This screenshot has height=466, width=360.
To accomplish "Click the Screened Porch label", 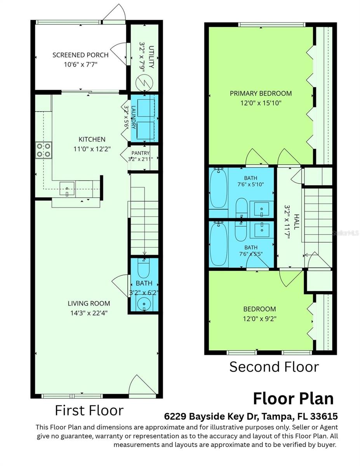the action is [x=80, y=55].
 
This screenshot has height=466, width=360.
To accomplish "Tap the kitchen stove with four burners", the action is [x=43, y=150].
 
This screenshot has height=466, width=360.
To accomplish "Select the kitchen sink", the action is [x=67, y=189].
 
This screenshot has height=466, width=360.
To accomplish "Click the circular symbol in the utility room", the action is [x=145, y=82].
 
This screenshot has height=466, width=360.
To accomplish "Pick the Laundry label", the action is [x=133, y=117].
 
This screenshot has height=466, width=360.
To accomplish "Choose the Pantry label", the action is [x=141, y=153].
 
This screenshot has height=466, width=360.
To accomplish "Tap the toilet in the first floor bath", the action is [x=143, y=268].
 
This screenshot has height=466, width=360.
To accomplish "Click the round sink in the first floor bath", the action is [x=144, y=304].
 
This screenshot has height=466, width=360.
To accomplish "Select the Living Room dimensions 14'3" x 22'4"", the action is [x=89, y=313].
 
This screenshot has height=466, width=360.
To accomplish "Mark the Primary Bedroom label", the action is [x=261, y=94].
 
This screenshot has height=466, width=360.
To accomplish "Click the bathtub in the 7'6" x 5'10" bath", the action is [x=219, y=188].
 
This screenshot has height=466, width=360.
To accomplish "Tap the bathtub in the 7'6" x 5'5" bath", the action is [x=219, y=244].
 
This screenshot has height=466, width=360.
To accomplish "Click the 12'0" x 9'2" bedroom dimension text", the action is [x=260, y=319].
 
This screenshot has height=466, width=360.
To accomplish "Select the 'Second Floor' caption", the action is [x=274, y=367].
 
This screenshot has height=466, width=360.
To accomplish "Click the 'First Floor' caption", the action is [x=89, y=410].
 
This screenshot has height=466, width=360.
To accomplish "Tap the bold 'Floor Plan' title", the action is [x=293, y=398].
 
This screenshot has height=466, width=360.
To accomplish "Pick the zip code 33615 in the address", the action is [x=324, y=416].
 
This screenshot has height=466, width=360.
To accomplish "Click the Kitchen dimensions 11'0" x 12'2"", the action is [x=92, y=149].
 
